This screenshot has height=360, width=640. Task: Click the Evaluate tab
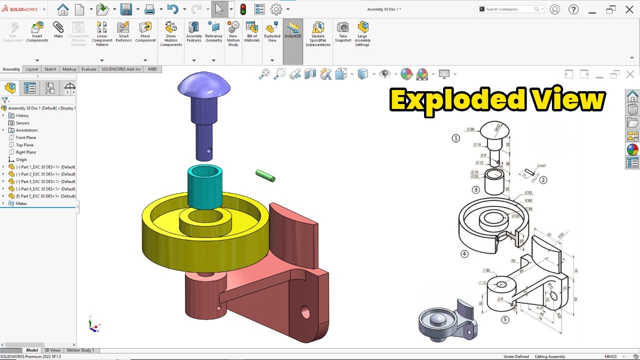[89, 69]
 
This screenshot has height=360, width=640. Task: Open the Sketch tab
[50, 69]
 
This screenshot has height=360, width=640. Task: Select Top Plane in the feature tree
[24, 145]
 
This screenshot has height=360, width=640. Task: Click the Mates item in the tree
[21, 203]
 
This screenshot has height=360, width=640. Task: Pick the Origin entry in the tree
[21, 159]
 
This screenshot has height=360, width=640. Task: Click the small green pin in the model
[265, 176]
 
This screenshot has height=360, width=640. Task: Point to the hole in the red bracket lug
[304, 313]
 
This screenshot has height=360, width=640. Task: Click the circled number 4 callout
[464, 254]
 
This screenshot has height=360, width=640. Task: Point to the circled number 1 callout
[455, 138]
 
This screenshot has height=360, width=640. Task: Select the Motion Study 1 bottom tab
[80, 350]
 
